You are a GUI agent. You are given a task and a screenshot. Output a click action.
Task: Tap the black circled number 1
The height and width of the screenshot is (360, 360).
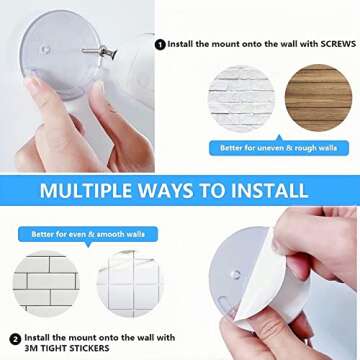pyautogui.click(x=160, y=43)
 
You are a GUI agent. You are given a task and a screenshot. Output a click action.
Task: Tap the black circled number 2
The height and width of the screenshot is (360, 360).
pyautogui.click(x=15, y=338)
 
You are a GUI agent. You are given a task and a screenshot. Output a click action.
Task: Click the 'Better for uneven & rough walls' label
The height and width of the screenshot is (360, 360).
pyautogui.click(x=279, y=148)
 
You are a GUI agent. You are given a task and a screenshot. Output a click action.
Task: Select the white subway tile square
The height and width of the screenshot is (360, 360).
pyautogui.click(x=47, y=283)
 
